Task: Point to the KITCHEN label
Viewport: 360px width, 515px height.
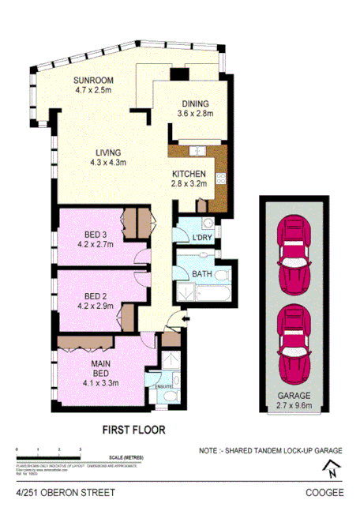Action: (x=189, y=174)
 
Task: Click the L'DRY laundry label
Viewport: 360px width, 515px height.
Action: (x=202, y=237)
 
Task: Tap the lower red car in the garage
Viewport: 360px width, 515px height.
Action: (x=292, y=342)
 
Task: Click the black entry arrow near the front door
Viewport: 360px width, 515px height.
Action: (x=184, y=318)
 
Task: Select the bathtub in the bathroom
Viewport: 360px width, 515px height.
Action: (x=211, y=294)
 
